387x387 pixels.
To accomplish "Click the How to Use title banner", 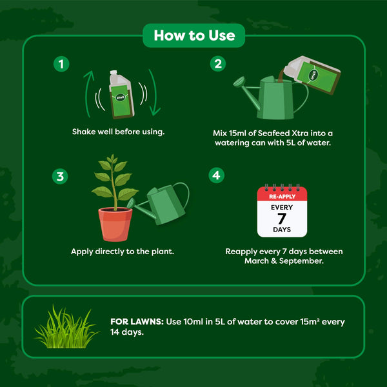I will [193, 35].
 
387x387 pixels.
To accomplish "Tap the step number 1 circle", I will [61, 64].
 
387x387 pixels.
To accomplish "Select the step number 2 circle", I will [218, 64].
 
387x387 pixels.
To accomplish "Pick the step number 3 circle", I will [61, 175].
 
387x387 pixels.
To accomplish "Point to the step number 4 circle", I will [218, 175].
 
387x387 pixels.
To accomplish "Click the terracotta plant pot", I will [116, 223].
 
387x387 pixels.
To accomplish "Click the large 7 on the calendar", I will [281, 217].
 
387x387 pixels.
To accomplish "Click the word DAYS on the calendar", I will [281, 230].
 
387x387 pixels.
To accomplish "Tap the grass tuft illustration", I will [66, 328].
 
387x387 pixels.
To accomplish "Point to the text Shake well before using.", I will [118, 132].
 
